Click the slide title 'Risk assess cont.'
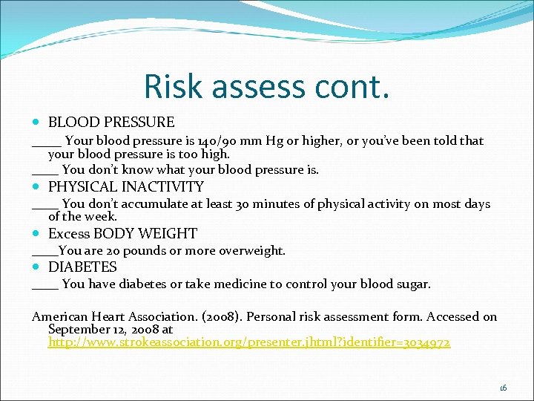coord(266,86)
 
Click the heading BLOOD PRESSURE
coord(111,123)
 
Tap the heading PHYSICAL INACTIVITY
coord(125,186)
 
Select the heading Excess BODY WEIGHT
coord(122,233)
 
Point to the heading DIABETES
coord(82,267)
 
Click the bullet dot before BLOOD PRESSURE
coord(38,123)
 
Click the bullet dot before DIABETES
coord(38,267)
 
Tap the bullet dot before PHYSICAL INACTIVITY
coord(38,186)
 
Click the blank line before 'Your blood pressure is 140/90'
coord(47,143)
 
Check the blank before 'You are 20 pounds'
coord(44,253)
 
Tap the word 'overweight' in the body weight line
coord(254,251)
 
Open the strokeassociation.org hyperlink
coord(248,343)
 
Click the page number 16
coord(503,388)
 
